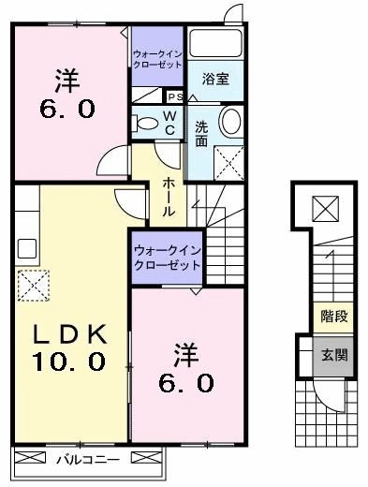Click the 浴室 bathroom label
[215, 81]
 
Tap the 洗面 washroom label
[201, 134]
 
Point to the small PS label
[174, 96]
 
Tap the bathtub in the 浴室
[216, 45]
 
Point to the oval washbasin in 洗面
[230, 121]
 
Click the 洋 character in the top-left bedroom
[65, 78]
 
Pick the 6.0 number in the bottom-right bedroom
[191, 382]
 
